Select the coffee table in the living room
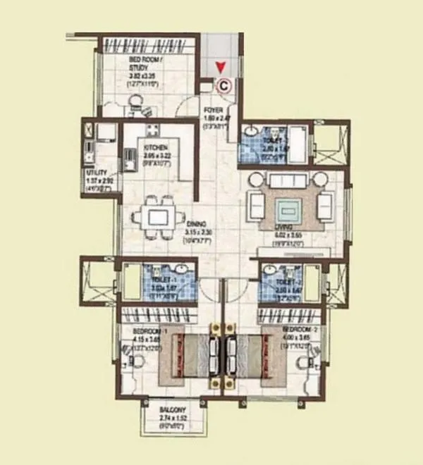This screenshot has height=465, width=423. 288,209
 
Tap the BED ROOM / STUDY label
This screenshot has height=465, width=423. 146,61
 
